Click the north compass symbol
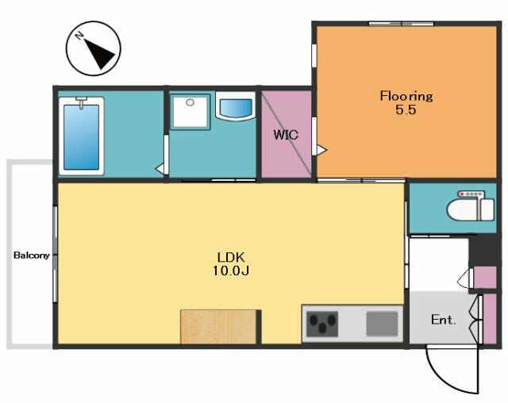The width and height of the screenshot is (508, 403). (94, 48)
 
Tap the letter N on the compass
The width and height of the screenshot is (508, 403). (79, 35)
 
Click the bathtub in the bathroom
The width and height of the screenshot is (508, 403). (81, 136)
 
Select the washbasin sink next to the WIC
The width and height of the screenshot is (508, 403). (236, 106)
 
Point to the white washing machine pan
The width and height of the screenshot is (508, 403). (190, 112)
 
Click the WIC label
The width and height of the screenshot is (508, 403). (286, 135)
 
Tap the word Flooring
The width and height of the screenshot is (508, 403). (406, 97)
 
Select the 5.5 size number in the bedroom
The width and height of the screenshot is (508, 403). (406, 110)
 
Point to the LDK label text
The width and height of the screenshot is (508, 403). (231, 257)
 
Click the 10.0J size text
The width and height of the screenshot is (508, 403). (231, 271)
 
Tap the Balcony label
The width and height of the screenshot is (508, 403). (32, 255)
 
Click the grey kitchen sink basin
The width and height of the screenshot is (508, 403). (382, 324)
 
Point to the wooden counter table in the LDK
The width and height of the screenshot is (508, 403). (219, 327)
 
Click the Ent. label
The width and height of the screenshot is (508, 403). (444, 320)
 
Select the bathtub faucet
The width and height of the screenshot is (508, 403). (81, 102)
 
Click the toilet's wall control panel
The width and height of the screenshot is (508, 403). (471, 194)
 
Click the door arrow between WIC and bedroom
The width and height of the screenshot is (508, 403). (321, 150)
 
